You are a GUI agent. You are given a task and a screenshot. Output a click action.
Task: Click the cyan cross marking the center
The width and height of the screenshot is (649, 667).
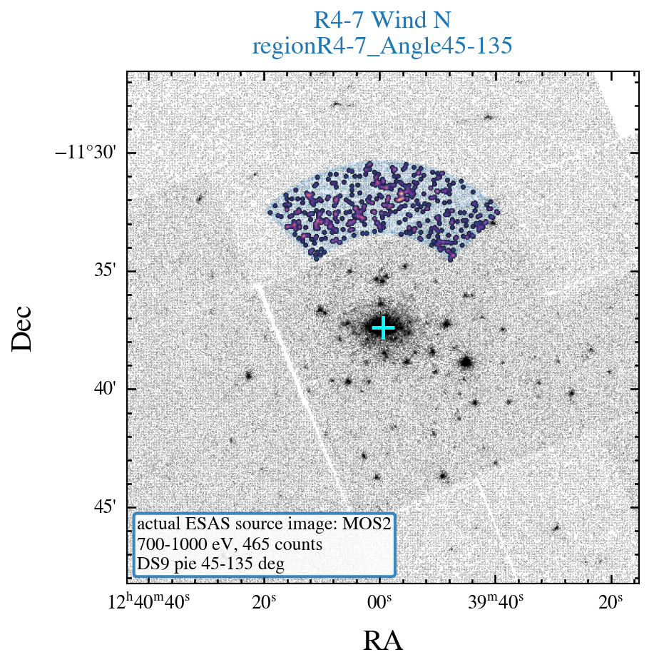coord(383,327)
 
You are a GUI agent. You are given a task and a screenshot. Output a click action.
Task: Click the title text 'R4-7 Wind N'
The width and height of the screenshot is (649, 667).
coord(382,20)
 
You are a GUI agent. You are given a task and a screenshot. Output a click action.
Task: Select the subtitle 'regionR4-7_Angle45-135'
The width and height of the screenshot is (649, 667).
coord(382,46)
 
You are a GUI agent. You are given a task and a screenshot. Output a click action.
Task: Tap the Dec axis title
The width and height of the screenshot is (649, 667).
coord(21,328)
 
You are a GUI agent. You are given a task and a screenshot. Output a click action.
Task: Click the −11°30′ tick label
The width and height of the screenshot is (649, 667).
coord(86,152)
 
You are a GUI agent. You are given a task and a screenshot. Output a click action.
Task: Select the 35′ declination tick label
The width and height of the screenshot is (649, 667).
coord(105,270)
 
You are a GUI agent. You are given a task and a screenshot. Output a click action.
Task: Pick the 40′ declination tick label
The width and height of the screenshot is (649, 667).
coord(105,388)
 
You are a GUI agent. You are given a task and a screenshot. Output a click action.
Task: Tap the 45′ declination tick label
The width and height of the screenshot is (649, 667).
coord(105,506)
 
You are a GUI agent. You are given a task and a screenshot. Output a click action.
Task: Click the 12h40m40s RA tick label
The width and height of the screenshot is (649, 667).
coord(149,601)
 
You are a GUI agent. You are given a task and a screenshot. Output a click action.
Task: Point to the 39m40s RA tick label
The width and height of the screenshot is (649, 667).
coord(496,602)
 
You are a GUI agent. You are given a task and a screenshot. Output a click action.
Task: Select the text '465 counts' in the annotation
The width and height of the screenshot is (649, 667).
coord(282,544)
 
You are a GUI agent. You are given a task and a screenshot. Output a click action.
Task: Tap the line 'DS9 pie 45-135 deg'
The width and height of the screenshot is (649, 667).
coord(210,564)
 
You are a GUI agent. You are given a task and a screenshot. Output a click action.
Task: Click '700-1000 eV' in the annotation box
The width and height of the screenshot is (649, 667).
coord(188,544)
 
